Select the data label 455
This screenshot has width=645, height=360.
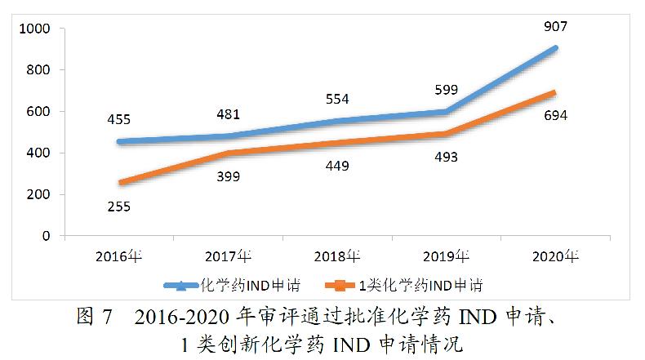point(118,120)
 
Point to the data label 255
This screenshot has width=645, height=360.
point(118,207)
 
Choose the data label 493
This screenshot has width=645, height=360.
point(445,157)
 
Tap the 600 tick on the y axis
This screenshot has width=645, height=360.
point(39,112)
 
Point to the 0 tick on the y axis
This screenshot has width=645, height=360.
point(47,236)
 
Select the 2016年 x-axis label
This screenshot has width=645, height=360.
point(118,256)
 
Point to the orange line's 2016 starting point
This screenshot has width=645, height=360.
point(119,183)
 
